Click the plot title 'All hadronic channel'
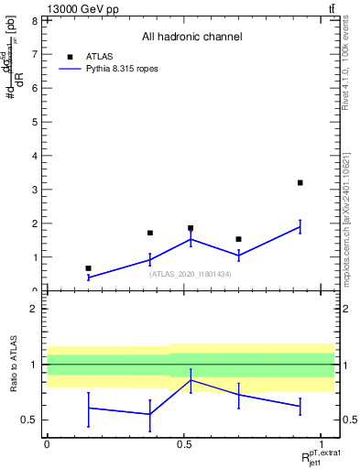tap(191, 38)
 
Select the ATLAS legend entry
tap(98, 56)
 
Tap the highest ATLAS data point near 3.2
tap(300, 183)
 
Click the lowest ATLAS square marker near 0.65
tap(88, 268)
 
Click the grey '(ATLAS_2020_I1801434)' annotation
tap(191, 274)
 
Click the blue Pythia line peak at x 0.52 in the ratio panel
tap(190, 379)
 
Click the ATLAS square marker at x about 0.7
tap(238, 239)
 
